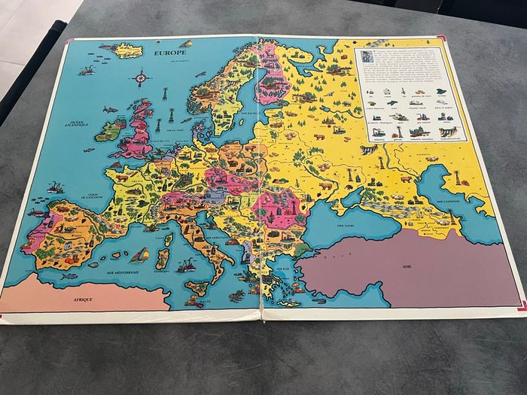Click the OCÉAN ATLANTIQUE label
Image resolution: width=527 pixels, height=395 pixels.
click(75, 123)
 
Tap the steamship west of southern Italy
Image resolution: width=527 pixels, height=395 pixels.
click(184, 265)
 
